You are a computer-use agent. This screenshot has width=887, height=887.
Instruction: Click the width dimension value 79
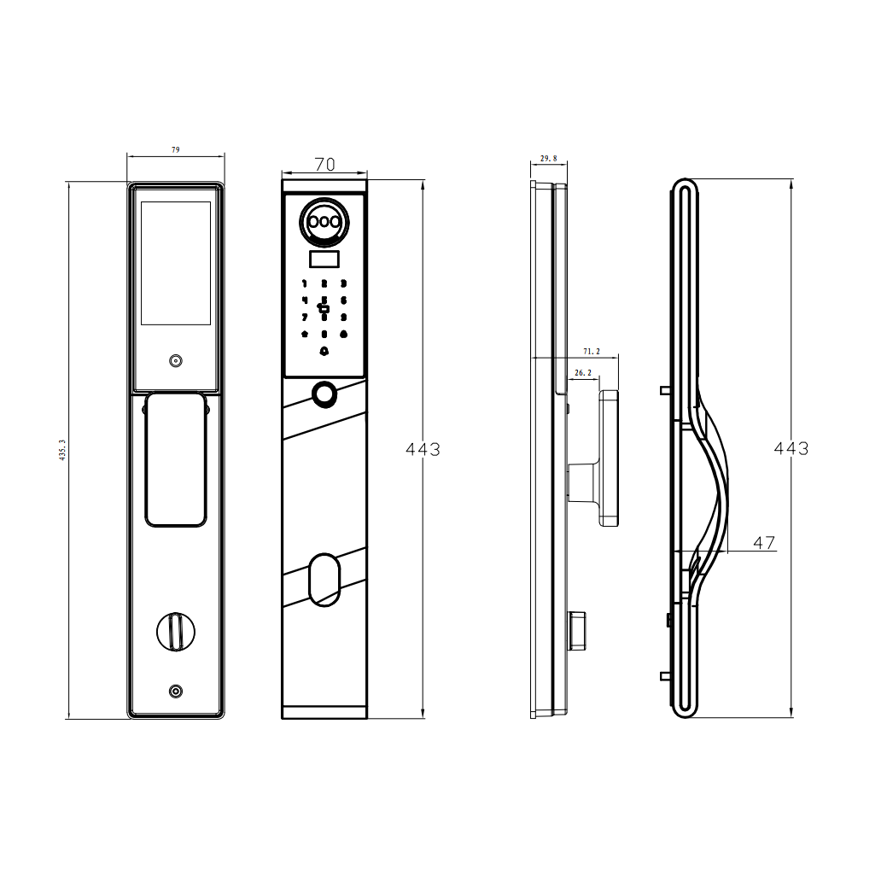176,149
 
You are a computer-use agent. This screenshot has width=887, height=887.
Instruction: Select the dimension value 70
324,165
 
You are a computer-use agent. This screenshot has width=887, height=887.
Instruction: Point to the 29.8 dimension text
548,159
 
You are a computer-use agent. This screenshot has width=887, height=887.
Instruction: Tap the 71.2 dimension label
591,351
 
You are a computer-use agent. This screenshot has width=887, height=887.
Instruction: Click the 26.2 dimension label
583,373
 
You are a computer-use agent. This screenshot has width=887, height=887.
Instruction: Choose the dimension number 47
764,542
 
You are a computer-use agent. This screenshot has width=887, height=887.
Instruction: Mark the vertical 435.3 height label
61,451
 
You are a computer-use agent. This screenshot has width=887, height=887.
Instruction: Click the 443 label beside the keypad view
423,449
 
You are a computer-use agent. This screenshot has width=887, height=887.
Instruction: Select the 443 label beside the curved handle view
791,448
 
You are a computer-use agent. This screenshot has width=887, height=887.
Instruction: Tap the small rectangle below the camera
324,260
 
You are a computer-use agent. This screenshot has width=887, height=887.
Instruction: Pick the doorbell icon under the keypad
324,351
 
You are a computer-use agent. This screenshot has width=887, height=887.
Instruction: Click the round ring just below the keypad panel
324,394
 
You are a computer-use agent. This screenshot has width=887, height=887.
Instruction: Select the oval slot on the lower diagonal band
324,580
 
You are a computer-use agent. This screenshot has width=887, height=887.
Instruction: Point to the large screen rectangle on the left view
175,263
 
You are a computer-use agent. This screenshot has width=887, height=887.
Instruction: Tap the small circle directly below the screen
175,361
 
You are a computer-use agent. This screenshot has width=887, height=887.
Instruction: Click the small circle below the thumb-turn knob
175,692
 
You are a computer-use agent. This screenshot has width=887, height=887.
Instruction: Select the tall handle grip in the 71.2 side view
609,458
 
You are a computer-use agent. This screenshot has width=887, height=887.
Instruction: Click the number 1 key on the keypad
305,283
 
